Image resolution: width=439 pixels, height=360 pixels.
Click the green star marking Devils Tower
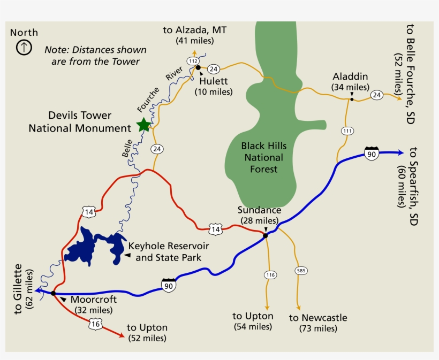point(143,125)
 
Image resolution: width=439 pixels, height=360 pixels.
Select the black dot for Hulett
point(198,68)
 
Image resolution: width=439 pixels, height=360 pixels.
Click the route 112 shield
point(193,61)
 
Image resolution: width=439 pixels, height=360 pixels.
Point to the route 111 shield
point(347,131)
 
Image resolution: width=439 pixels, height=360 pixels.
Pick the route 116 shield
point(270,275)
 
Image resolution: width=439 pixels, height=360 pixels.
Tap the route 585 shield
point(301,271)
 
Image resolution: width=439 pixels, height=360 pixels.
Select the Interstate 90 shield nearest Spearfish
point(372,153)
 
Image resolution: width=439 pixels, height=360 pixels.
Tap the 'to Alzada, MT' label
point(195,30)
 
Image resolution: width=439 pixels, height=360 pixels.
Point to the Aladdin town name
point(350,76)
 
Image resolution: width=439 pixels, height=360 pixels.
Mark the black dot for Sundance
point(266,235)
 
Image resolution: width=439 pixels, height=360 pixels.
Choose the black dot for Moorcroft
point(54,293)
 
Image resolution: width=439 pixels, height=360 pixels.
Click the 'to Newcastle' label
point(318,318)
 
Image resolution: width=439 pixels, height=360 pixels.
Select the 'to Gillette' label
point(19,289)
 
